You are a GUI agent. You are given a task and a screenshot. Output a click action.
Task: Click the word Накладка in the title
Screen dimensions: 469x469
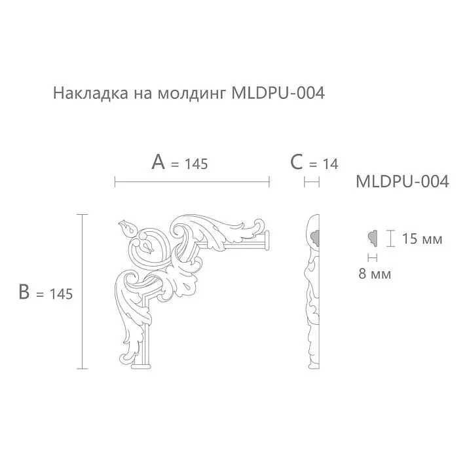83,94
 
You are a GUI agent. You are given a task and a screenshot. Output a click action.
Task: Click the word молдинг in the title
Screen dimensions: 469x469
192,94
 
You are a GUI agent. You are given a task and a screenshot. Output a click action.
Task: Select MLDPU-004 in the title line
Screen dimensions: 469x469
278,94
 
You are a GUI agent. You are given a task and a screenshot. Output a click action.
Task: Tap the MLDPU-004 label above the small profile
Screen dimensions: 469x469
402,182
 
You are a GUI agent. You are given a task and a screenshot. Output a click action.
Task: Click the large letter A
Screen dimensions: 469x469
158,162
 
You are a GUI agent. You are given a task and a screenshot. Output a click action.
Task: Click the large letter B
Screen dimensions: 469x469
25,292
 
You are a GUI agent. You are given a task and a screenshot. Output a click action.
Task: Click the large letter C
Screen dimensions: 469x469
297,162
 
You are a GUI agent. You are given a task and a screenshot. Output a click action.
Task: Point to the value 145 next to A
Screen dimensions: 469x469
196,164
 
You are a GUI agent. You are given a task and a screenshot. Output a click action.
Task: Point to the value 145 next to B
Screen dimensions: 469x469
60,294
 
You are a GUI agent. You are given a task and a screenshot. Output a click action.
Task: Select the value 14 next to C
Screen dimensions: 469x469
331,164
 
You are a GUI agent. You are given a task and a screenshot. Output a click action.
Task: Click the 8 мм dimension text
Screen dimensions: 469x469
375,274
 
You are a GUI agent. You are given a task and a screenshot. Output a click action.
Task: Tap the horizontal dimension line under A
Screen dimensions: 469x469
192,181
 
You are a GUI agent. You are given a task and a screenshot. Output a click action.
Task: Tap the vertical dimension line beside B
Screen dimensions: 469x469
82,291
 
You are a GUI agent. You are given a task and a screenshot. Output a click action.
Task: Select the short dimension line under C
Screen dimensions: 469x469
312,181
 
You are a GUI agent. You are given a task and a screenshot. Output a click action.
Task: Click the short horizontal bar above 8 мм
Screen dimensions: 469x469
373,257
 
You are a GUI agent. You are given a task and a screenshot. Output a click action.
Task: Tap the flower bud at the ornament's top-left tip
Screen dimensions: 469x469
125,227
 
